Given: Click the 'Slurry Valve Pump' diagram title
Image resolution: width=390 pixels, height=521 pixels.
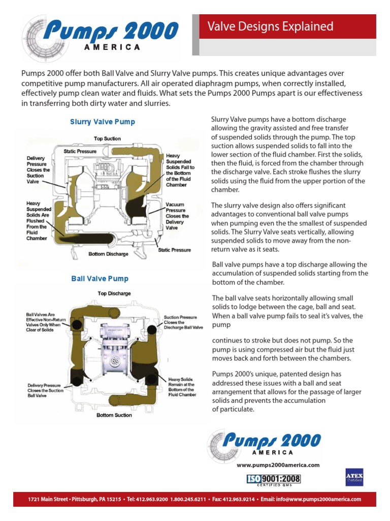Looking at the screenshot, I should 102,122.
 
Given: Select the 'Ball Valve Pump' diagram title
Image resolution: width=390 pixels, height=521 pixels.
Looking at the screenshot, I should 100,279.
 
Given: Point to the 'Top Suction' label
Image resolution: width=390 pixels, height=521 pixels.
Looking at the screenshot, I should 107,138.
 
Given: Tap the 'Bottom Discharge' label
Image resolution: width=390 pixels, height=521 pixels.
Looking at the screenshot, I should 108,254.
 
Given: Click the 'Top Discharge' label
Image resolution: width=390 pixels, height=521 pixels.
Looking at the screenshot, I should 114,294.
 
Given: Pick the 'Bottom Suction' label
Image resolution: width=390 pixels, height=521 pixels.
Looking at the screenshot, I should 114,415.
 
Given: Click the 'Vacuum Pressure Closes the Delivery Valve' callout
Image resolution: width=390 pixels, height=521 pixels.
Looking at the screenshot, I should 177,216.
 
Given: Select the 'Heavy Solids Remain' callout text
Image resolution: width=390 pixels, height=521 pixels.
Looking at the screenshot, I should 182,386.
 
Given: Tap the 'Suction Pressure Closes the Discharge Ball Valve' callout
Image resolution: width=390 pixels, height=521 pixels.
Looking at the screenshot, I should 183,323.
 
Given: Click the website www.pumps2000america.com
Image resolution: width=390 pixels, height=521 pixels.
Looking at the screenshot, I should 278,465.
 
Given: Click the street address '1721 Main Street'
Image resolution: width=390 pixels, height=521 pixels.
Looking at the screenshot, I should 48,500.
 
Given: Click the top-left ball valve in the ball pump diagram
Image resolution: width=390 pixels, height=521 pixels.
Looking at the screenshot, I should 78,325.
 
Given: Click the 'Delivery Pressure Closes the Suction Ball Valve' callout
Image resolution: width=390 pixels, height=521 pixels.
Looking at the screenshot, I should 45,390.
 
